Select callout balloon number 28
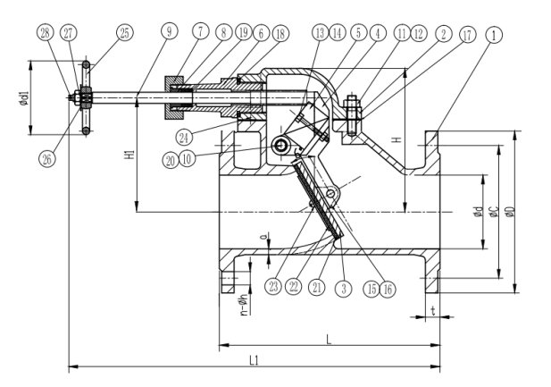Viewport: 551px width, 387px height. click(45, 32)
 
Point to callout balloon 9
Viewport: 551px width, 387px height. click(169, 32)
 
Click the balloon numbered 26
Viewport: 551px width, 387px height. click(46, 159)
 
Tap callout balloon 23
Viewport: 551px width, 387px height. click(270, 285)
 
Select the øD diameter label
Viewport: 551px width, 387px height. click(510, 211)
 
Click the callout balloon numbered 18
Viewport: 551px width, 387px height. click(280, 32)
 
